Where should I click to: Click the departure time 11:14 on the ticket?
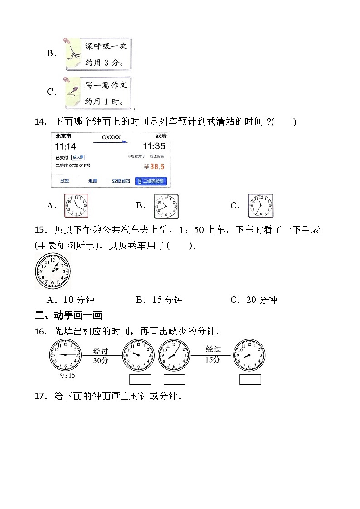tap(66, 146)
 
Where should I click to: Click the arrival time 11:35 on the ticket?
tap(154, 146)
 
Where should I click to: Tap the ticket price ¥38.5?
tap(154, 166)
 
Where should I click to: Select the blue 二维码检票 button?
tap(151, 181)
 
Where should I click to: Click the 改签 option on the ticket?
tap(65, 181)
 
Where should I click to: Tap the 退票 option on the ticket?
tap(93, 181)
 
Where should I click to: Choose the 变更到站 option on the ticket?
tap(121, 181)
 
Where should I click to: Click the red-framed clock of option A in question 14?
tap(76, 205)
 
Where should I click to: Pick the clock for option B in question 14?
tap(166, 206)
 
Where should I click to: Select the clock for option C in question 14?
tap(261, 206)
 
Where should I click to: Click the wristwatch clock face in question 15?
tap(53, 271)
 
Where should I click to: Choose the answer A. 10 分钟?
tap(70, 300)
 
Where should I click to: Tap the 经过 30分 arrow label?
tap(101, 356)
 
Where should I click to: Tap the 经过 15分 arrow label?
tap(213, 354)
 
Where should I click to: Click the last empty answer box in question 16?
tap(250, 379)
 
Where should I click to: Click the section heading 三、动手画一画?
tap(68, 315)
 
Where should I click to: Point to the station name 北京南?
tap(63, 136)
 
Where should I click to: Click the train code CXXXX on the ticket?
tap(111, 137)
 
